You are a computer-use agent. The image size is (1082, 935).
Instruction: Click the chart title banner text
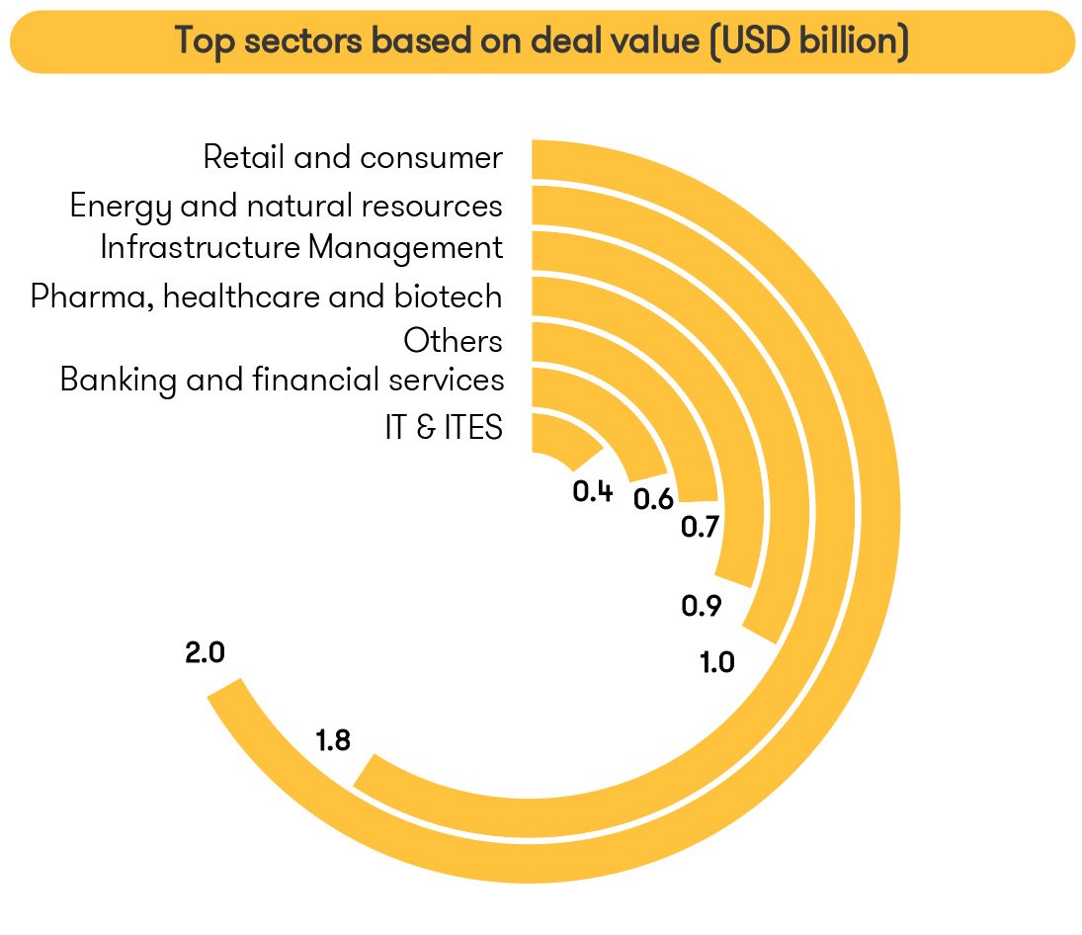[541, 42]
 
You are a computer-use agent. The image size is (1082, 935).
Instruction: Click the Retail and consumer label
[353, 157]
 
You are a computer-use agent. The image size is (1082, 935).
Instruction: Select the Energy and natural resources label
[286, 206]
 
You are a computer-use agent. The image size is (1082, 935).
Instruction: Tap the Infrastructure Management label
[301, 247]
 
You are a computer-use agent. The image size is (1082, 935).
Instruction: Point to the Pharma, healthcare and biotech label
[266, 296]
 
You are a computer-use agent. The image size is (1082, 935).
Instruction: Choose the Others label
[453, 341]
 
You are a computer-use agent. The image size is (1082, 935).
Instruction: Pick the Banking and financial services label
[282, 380]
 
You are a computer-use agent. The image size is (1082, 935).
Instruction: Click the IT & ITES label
[444, 428]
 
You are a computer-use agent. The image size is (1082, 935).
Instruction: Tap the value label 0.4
[593, 491]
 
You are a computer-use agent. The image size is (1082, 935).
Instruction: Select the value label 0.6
[653, 499]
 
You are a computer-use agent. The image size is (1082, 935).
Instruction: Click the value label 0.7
[700, 528]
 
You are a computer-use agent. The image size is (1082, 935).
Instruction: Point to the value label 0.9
[702, 606]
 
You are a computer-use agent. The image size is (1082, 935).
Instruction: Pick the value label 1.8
[333, 740]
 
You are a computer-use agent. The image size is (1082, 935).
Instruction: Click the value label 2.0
[206, 653]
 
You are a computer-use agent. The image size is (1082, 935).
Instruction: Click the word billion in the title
[849, 42]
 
